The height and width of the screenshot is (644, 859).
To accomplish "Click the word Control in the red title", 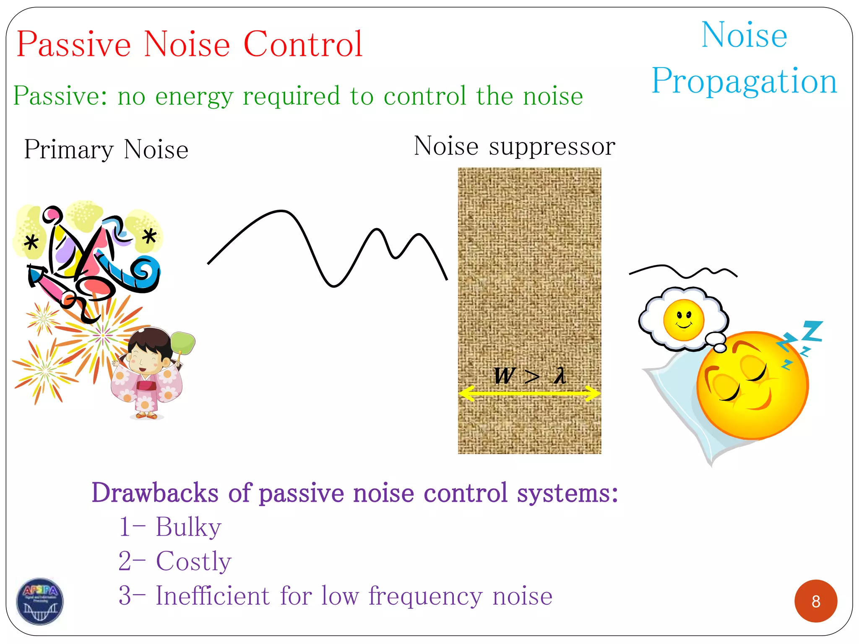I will click(303, 44).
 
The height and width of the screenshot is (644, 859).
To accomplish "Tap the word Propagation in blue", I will click(744, 81).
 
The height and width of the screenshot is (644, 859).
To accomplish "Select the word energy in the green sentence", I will click(194, 96).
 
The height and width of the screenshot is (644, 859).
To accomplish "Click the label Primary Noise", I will click(106, 150).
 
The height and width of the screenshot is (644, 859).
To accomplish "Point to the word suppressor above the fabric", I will click(552, 147).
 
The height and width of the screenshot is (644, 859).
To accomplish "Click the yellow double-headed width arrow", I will click(530, 393).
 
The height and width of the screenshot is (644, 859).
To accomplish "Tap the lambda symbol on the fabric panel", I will click(560, 375).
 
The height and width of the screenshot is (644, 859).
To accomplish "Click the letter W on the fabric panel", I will click(503, 375).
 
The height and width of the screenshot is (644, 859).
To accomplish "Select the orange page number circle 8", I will click(815, 601).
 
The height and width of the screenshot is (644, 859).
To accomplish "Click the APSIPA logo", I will click(40, 601).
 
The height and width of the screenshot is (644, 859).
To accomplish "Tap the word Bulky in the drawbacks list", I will click(188, 527).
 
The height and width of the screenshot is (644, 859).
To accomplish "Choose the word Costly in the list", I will click(193, 561).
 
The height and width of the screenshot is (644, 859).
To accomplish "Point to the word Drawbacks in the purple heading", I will click(155, 493).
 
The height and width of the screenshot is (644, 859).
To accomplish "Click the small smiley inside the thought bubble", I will click(683, 319).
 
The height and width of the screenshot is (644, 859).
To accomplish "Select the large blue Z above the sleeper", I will click(812, 331).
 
